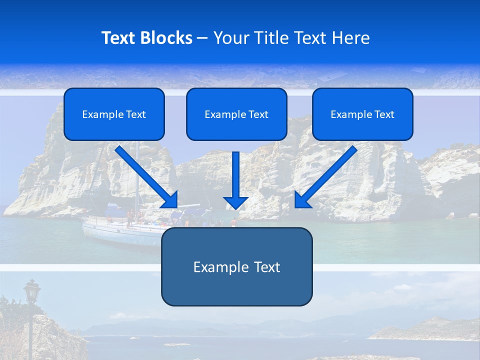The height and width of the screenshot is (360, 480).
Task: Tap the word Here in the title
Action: point(350,38)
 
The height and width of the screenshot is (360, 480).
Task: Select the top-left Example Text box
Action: point(114,114)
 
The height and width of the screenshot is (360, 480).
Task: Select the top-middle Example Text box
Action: point(236,114)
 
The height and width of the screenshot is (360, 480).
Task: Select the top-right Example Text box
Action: point(362,114)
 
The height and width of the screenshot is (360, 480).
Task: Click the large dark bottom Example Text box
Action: point(236,267)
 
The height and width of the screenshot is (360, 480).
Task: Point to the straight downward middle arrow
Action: point(235,175)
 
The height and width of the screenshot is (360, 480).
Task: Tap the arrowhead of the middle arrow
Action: point(235,202)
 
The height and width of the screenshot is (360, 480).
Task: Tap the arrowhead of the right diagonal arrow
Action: point(302,200)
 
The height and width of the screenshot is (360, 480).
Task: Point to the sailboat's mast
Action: point(137,180)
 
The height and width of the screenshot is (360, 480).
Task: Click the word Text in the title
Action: point(119,38)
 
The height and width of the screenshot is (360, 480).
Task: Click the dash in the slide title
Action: point(202,38)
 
